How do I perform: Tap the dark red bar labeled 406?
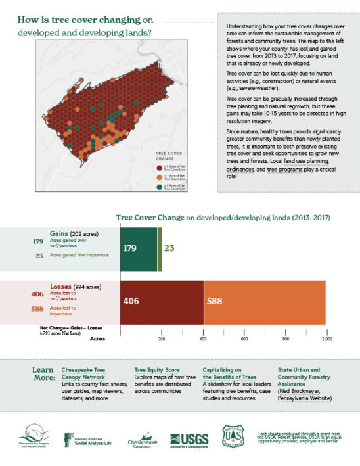click(162, 301)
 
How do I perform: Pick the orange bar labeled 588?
click(264, 301)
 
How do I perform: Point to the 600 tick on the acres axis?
click(244, 339)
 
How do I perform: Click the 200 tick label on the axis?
click(162, 339)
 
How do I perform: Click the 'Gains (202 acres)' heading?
click(73, 233)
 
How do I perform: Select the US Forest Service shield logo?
click(234, 436)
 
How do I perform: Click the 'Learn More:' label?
click(43, 374)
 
